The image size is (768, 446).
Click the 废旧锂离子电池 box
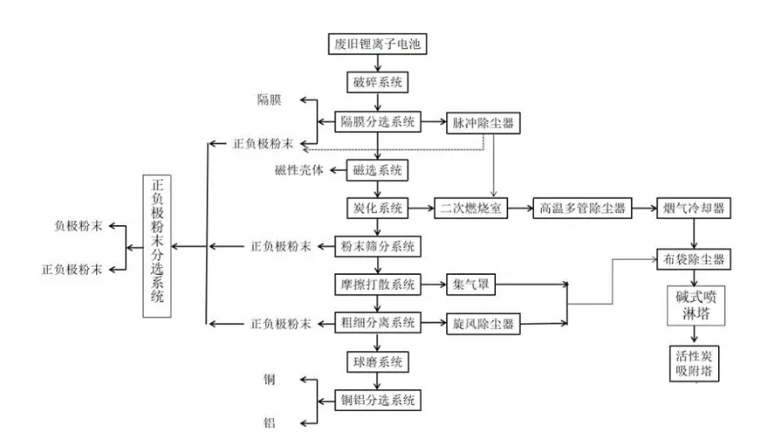click(377, 45)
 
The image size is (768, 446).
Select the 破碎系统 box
click(377, 82)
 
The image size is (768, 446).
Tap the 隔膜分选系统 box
click(379, 121)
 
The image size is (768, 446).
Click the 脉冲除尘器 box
click(483, 121)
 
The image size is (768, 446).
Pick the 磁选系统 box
click(377, 169)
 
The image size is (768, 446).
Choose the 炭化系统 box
click(377, 209)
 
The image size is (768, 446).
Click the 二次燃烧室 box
click(470, 209)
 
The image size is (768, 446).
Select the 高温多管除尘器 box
click(582, 209)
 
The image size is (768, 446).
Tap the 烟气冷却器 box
click(694, 209)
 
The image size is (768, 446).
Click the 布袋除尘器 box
click(694, 259)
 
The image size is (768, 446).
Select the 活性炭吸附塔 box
click(694, 362)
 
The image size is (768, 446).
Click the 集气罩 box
click(470, 285)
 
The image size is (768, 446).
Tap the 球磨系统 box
click(377, 361)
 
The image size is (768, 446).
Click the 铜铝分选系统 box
click(379, 401)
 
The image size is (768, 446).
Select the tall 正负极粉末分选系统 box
click(158, 245)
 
